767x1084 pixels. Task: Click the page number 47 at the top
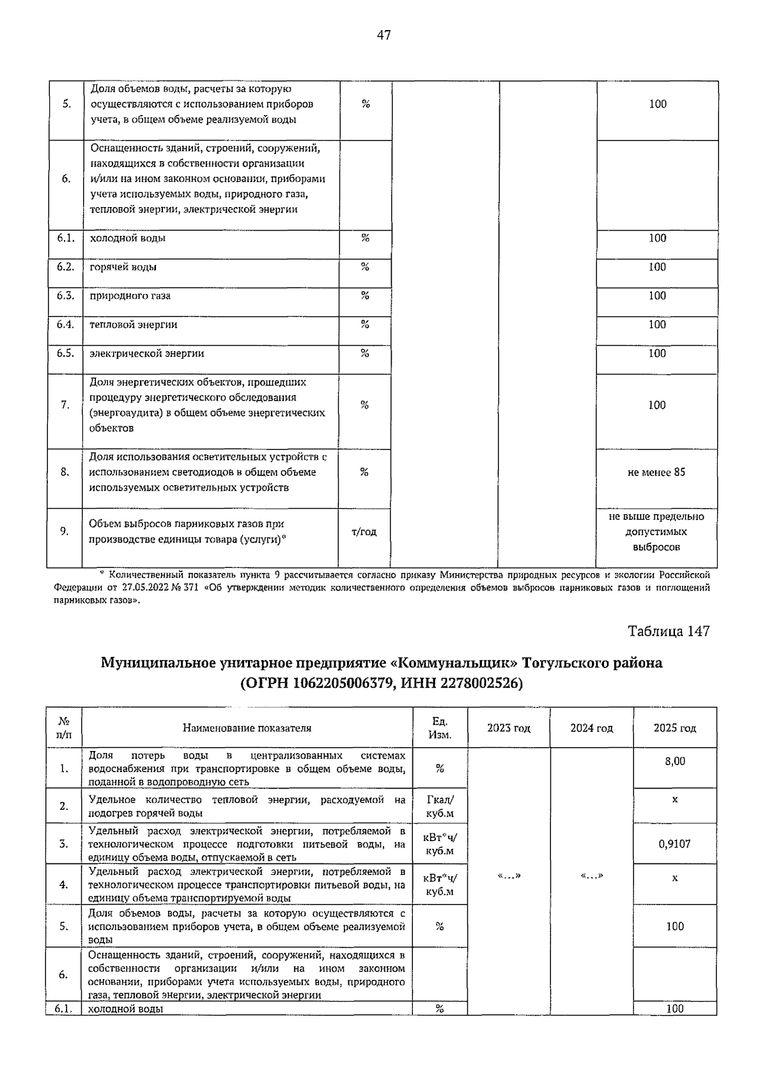click(x=383, y=35)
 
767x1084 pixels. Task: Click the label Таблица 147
click(x=669, y=631)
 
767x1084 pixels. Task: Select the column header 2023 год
click(x=509, y=728)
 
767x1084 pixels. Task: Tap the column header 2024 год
click(x=591, y=728)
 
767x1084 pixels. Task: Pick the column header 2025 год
click(x=675, y=728)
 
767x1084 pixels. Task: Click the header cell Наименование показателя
click(x=247, y=728)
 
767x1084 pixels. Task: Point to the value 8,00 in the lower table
click(x=675, y=761)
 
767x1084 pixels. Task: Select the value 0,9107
click(x=675, y=844)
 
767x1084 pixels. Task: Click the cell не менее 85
click(x=656, y=472)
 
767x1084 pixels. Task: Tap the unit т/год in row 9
click(x=364, y=532)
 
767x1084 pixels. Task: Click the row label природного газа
click(x=130, y=296)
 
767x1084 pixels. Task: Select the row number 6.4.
click(x=65, y=325)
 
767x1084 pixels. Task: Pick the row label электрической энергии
click(x=147, y=353)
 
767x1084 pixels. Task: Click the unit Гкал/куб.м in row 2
click(x=440, y=807)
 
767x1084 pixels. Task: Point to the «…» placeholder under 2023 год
click(x=509, y=876)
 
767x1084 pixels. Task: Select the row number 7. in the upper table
click(x=65, y=405)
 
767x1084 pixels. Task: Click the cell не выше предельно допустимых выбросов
click(x=656, y=532)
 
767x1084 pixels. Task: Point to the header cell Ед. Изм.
click(x=440, y=728)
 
